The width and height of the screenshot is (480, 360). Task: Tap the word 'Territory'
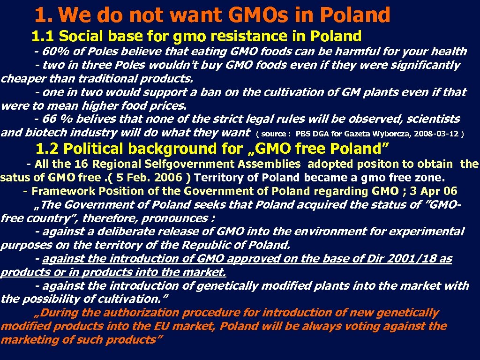[222, 178]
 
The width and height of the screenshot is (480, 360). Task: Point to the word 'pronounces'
[175, 218]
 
